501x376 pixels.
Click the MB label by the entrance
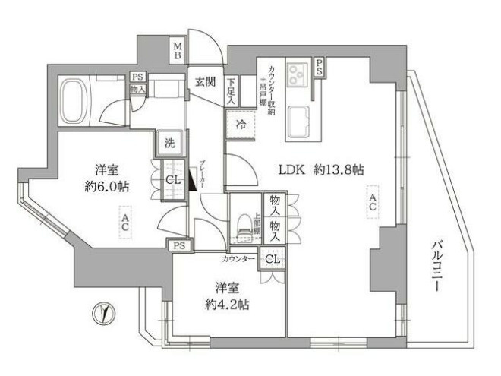click(177, 50)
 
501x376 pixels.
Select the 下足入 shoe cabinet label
click(230, 91)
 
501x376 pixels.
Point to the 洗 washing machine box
click(169, 142)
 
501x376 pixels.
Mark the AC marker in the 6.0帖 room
click(124, 224)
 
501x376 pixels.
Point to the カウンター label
click(238, 259)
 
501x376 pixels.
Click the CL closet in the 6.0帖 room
click(172, 179)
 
